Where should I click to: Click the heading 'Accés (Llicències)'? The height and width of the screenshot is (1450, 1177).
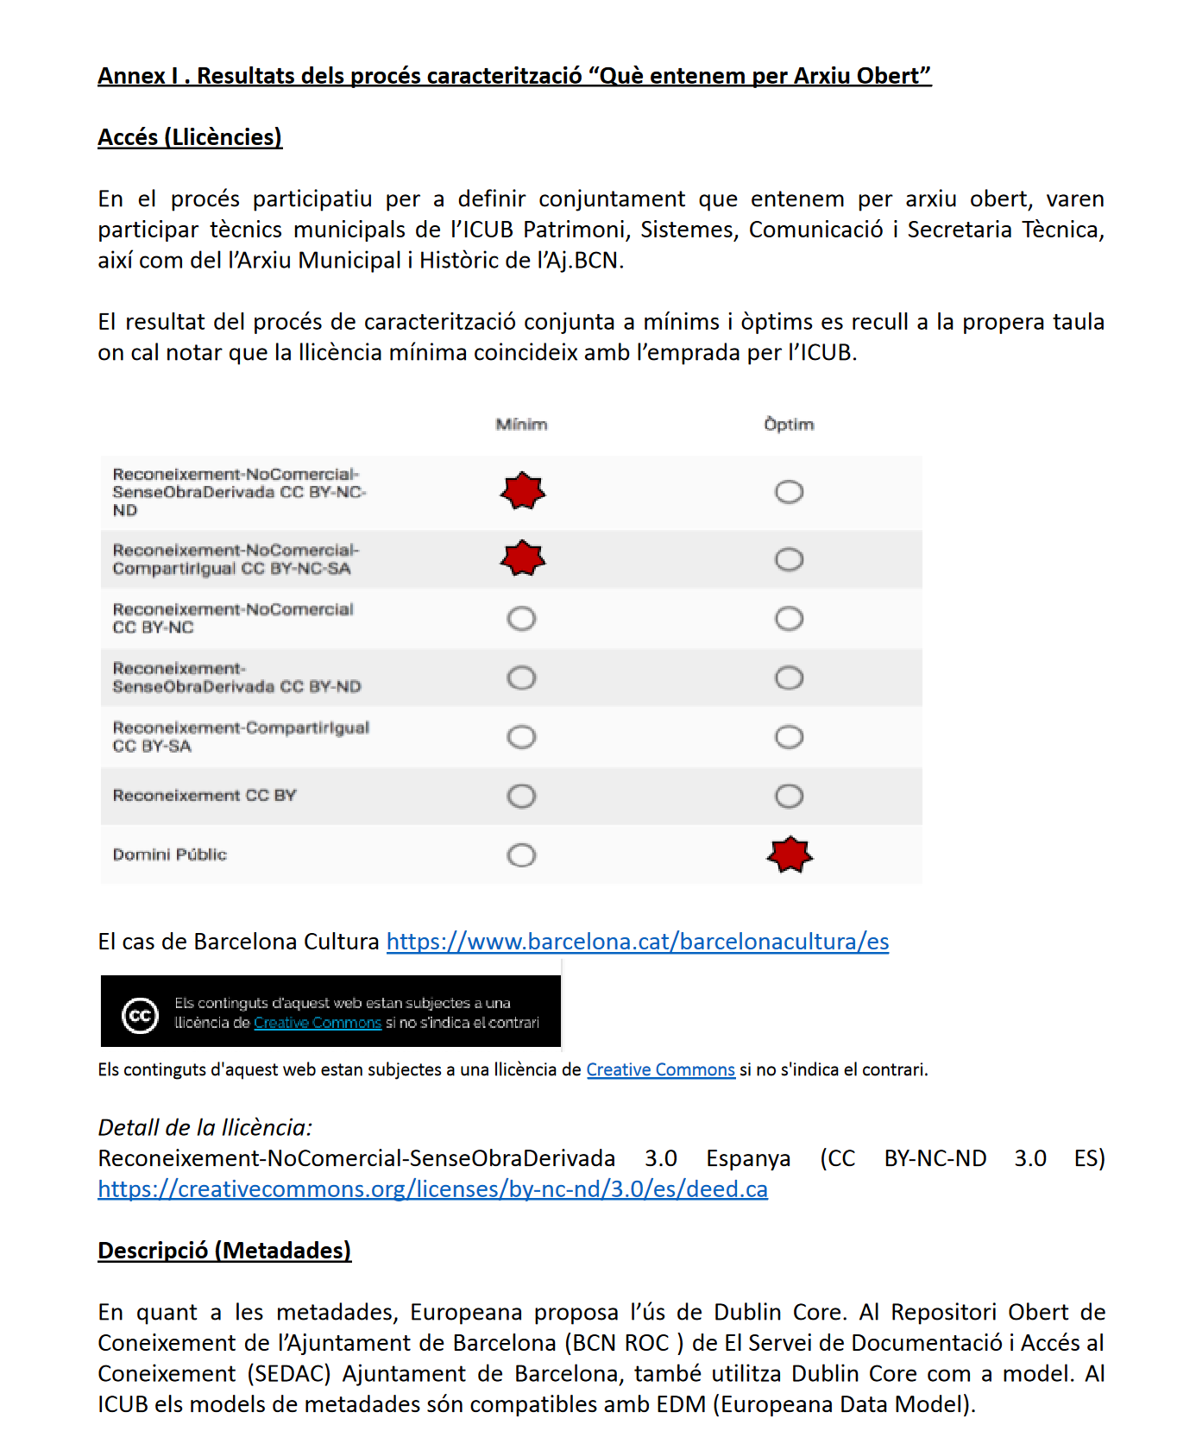coord(190,137)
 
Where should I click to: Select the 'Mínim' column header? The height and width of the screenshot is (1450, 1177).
coord(521,425)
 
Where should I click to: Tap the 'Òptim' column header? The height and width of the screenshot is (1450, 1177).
coord(789,425)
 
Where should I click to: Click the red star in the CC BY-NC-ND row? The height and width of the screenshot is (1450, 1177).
coord(523,491)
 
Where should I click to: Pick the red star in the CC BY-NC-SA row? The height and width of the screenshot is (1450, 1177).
coord(523,558)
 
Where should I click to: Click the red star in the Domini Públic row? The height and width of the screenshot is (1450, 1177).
coord(790,854)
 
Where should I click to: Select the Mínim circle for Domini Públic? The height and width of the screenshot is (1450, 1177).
coord(521,855)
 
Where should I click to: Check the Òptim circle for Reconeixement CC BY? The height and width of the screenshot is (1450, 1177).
coord(789,796)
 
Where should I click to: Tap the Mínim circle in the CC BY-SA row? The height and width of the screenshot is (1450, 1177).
coord(521,737)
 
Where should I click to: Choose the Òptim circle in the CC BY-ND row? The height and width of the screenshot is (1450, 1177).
coord(789,678)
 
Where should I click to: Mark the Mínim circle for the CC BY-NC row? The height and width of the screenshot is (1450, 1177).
coord(521,619)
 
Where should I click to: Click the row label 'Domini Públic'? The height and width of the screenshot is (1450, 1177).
coord(170,854)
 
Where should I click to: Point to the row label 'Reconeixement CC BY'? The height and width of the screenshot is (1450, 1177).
coord(205,795)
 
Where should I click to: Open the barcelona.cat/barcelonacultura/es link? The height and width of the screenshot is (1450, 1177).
coord(637,942)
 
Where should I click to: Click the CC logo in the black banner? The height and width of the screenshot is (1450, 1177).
coord(140,1015)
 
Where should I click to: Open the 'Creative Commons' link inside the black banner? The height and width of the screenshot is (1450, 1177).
coord(318,1023)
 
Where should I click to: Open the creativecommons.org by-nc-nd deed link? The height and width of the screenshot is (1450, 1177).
coord(432,1189)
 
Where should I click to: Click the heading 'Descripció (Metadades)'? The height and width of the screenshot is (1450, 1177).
coord(224,1251)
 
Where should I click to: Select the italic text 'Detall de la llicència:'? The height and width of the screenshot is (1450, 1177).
coord(205,1127)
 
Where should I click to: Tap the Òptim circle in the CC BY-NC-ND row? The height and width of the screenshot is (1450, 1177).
coord(789,492)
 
